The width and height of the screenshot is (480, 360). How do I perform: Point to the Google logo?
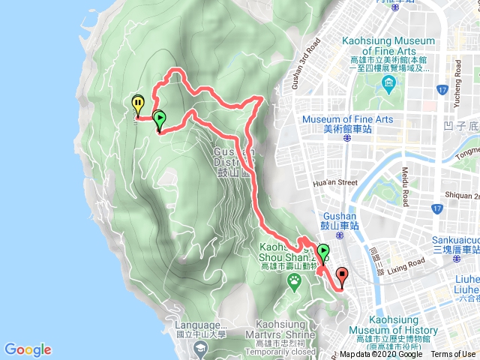[x=28, y=349]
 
